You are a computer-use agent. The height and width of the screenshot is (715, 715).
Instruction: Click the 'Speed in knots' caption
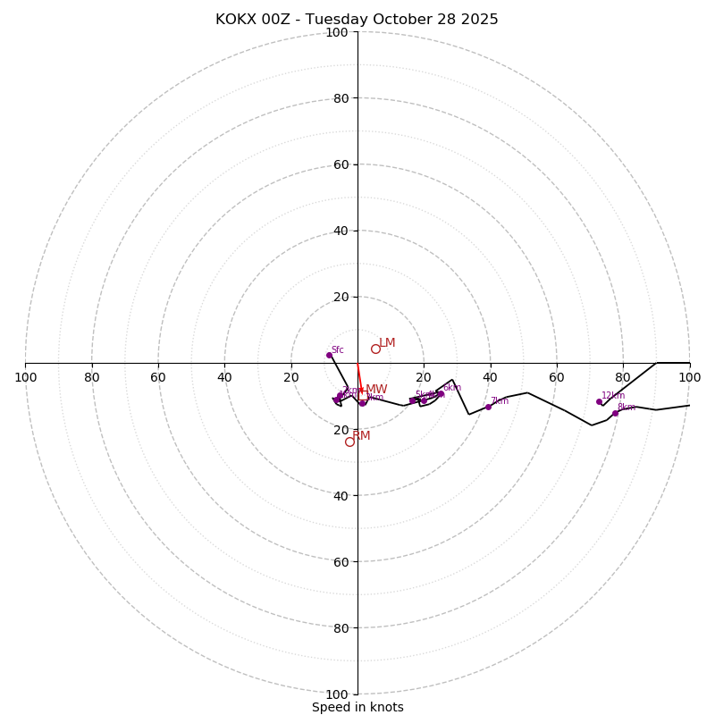click(357, 707)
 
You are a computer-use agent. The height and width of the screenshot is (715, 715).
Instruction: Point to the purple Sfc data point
click(329, 355)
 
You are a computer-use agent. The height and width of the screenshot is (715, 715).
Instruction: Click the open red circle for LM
click(375, 349)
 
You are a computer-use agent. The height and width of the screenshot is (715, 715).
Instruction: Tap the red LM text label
click(387, 343)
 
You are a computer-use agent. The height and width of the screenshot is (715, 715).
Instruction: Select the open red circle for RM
click(349, 442)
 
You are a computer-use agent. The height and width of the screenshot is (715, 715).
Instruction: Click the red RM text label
click(361, 436)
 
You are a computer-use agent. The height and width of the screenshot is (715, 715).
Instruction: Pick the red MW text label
click(376, 390)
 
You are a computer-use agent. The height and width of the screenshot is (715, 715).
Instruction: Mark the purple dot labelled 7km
click(488, 407)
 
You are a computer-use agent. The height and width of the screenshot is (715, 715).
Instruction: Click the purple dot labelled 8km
click(615, 413)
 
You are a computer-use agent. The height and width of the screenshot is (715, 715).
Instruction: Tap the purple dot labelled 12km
click(599, 401)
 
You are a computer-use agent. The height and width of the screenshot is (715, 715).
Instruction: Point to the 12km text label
click(613, 396)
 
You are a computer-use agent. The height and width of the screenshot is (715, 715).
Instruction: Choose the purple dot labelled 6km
click(441, 393)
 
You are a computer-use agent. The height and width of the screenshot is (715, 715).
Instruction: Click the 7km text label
click(499, 401)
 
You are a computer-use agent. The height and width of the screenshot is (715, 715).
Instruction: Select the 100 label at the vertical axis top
click(337, 33)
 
